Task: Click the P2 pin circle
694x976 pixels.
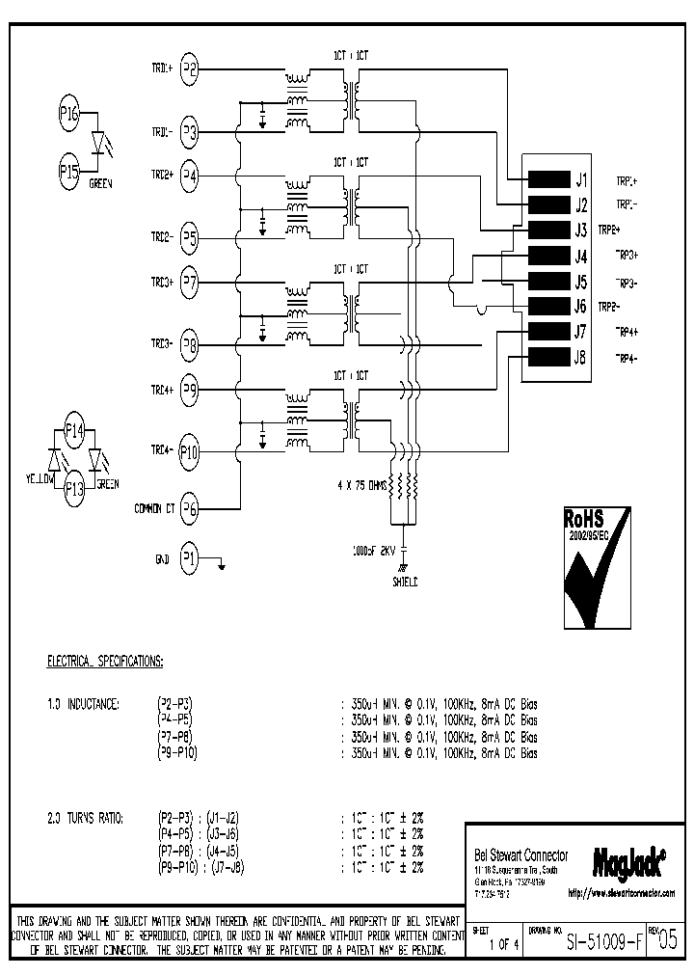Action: pos(190,68)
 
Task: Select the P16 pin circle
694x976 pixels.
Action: pos(69,113)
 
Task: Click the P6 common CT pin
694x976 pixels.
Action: pos(190,510)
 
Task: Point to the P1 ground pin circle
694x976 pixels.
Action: pos(190,558)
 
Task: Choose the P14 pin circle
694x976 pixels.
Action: pos(74,431)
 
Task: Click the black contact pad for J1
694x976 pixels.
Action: pos(549,179)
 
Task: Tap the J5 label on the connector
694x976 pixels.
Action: pos(580,283)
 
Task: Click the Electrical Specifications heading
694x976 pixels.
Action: pos(105,662)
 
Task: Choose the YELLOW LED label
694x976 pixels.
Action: pos(40,479)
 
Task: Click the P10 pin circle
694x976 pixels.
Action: pos(190,450)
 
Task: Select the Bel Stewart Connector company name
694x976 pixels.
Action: pos(521,855)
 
